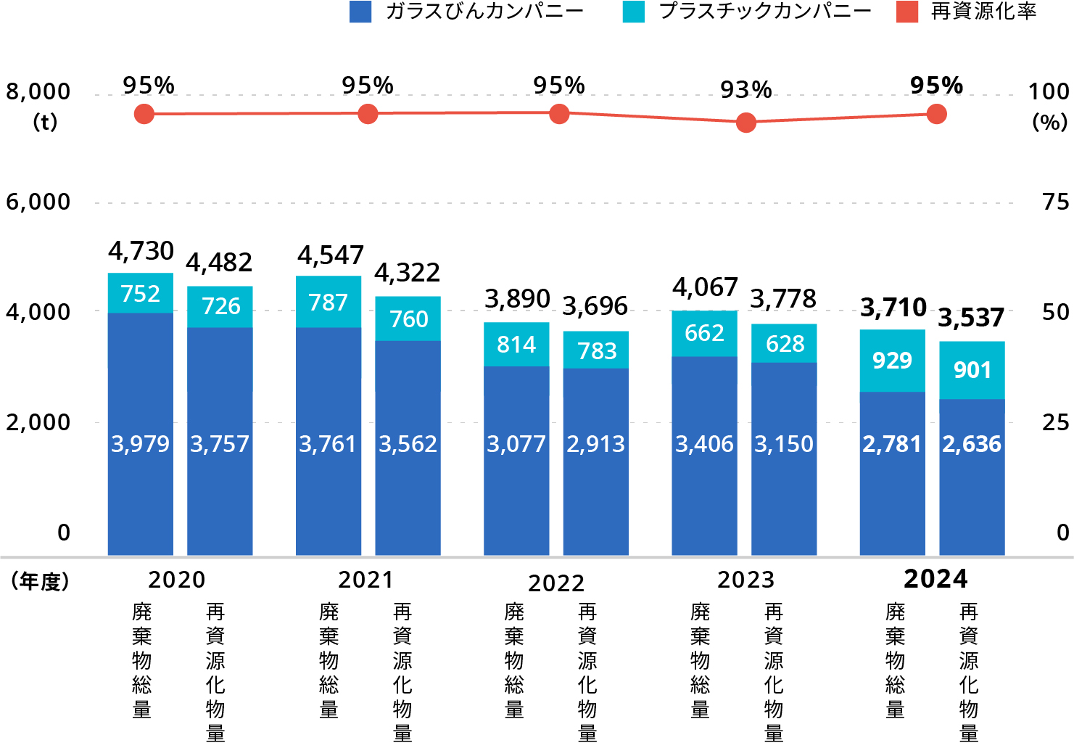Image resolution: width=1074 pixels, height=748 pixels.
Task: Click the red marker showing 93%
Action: click(746, 123)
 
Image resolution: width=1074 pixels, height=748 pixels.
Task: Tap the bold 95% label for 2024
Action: click(936, 86)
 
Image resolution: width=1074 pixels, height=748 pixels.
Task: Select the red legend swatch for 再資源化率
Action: click(907, 12)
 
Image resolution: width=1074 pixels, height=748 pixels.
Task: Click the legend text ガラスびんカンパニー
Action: click(484, 12)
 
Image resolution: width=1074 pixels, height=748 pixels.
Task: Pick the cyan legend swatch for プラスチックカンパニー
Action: click(633, 12)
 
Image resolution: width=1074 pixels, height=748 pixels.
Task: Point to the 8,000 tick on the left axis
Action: click(38, 92)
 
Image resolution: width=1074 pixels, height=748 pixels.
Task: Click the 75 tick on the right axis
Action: click(1055, 202)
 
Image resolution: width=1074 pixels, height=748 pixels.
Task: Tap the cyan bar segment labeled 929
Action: click(892, 361)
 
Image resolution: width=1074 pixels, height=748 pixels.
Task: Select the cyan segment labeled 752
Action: click(140, 293)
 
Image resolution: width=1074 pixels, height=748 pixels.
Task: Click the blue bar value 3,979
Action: click(140, 444)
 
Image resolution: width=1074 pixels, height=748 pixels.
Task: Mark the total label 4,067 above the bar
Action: click(704, 288)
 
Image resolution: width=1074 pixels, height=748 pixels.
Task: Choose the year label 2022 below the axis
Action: click(555, 583)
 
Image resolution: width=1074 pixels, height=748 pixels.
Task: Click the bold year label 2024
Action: click(935, 579)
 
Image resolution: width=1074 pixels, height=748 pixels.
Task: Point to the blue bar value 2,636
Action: click(972, 444)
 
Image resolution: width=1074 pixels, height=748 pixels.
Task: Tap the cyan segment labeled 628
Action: click(784, 343)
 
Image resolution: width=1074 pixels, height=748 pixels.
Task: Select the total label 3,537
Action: click(971, 318)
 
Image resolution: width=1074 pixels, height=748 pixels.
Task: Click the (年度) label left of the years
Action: click(40, 581)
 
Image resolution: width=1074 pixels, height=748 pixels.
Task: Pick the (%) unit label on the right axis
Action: click(1049, 122)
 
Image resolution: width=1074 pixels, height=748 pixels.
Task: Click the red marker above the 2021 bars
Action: click(368, 114)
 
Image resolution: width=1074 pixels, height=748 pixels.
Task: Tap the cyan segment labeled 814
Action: click(516, 344)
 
